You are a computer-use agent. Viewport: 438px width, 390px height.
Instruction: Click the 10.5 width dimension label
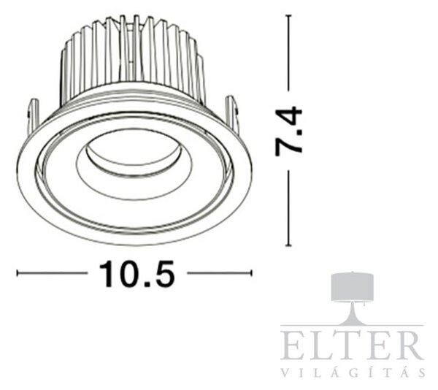137,274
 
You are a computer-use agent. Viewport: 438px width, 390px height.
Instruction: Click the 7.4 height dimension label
288,131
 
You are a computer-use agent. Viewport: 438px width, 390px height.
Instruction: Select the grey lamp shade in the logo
353,287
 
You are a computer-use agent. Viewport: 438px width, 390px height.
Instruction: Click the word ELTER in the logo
352,345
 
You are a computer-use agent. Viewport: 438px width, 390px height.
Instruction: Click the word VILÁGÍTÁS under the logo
353,372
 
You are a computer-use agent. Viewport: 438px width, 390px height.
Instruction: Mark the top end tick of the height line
288,15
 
